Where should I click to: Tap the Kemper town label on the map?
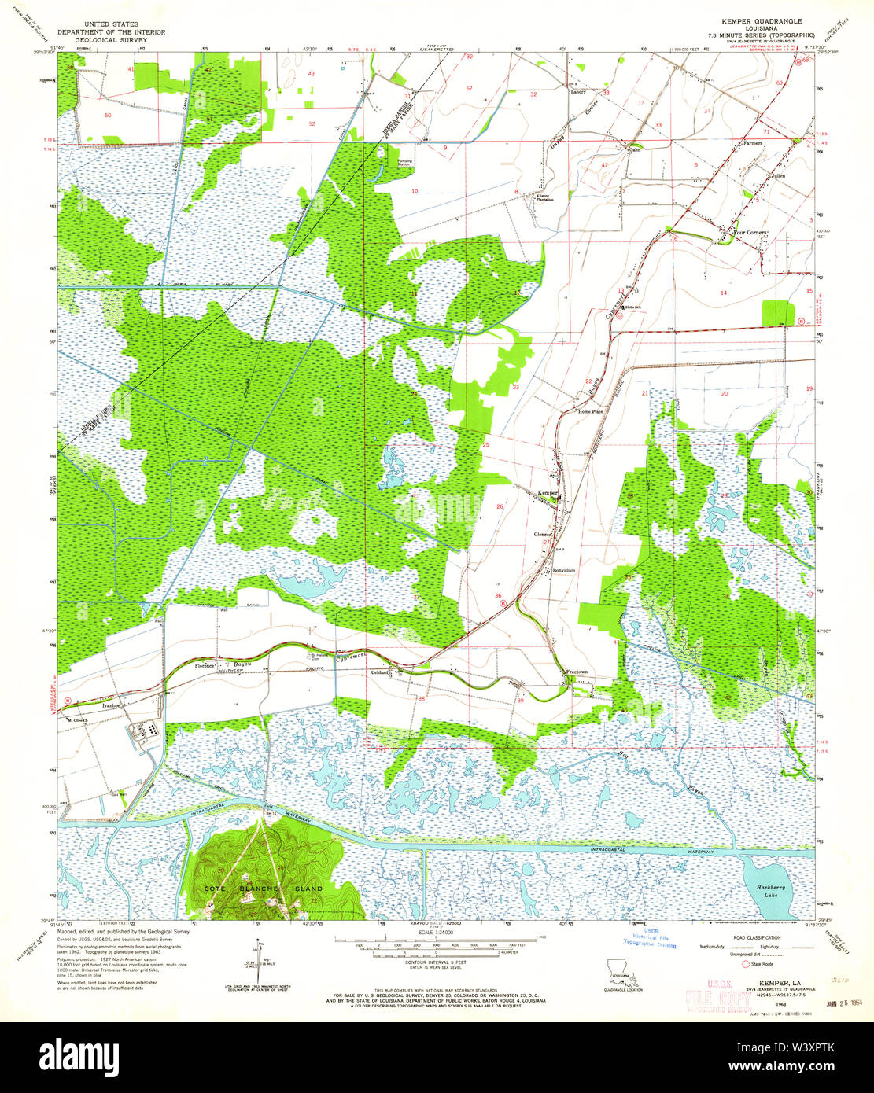click(547, 493)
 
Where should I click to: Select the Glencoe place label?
click(543, 535)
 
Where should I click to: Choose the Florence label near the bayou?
click(205, 666)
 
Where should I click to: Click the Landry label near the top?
click(578, 91)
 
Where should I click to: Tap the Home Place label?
click(590, 411)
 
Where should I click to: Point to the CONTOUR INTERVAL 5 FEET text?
click(437, 962)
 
